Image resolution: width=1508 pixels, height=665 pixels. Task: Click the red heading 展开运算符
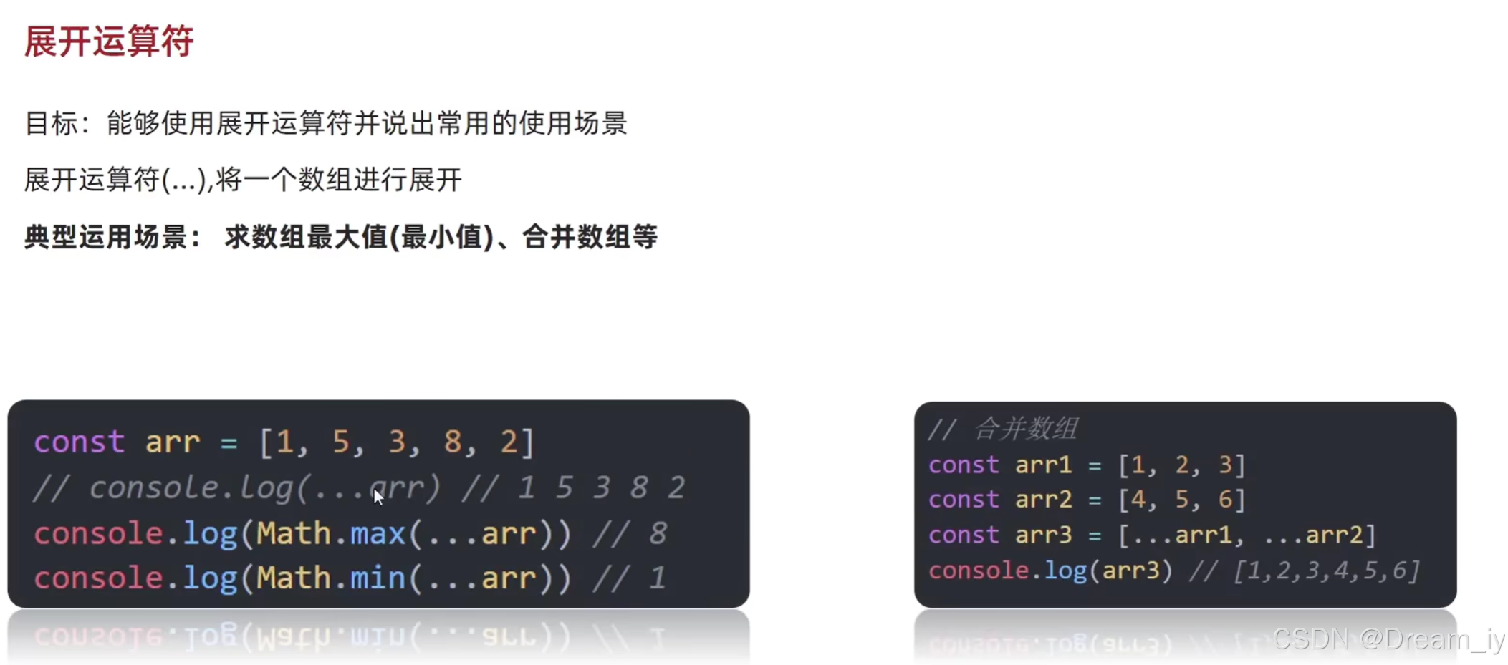coord(109,41)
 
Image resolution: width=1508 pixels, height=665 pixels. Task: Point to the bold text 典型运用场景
coord(106,237)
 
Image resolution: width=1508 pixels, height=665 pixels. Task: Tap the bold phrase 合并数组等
coord(590,237)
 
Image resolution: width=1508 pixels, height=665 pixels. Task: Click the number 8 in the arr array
coord(452,442)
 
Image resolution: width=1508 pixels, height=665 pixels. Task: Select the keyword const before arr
coord(79,442)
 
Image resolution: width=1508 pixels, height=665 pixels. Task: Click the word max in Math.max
coord(378,533)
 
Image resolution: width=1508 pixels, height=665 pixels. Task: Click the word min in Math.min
coord(378,578)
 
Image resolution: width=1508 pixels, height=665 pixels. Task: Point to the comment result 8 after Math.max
coord(658,533)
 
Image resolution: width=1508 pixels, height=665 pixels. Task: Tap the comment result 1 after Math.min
coord(658,578)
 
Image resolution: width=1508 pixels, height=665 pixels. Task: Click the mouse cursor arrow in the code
coord(378,496)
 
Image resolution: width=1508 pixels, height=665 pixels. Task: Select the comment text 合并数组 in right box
coord(1026,429)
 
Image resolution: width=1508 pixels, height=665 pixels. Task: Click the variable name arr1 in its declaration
coord(1043,465)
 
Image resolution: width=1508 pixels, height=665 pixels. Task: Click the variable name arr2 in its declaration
coord(1043,499)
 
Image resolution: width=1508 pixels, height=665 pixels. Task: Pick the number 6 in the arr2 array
coord(1226,499)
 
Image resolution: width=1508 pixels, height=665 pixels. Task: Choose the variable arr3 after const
coord(1043,535)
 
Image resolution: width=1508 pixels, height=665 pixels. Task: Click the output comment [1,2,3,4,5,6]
coord(1326,571)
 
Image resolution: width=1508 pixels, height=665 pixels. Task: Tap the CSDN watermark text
coord(1388,639)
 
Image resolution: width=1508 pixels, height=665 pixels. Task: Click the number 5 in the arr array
coord(340,442)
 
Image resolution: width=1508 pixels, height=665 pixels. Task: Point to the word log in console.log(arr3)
coord(1065,571)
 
